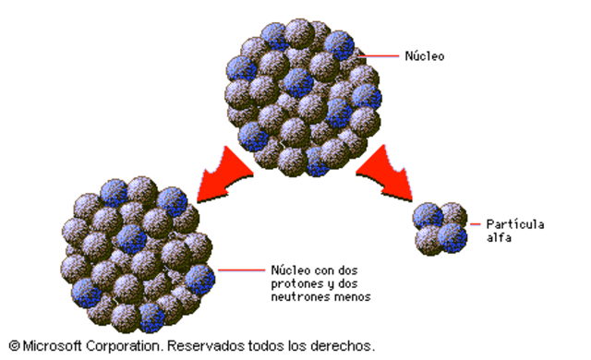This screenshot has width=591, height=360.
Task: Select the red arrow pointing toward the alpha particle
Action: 389,174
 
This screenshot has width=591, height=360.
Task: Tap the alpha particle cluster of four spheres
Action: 440,227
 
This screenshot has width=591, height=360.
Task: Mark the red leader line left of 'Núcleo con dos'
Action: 239,270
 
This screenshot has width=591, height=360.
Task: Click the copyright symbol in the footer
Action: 14,346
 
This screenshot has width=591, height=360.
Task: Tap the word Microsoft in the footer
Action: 52,346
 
